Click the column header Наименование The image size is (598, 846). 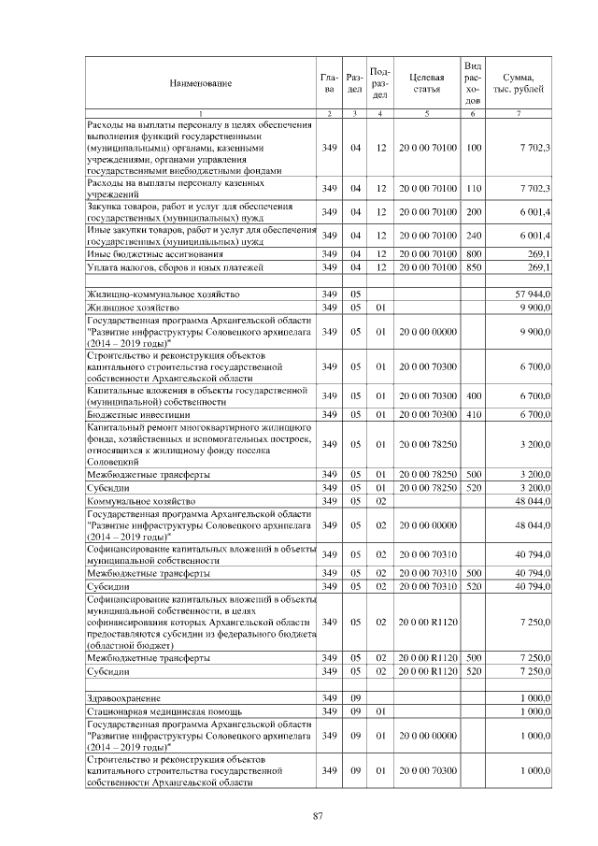200,83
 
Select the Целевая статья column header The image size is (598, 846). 425,83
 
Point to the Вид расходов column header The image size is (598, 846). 473,83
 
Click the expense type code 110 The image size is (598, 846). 473,189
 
